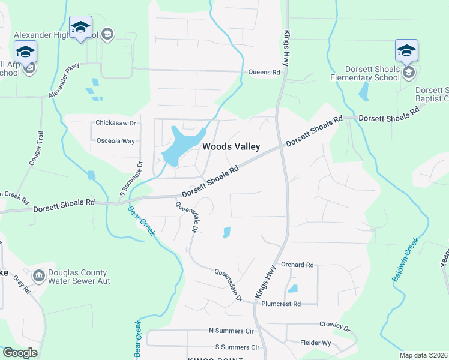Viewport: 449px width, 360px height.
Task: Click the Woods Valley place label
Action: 231,146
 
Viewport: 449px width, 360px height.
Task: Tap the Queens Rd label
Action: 264,73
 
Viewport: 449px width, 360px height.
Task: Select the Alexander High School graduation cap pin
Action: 80,28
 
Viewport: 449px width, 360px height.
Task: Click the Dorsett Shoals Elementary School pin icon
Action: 406,51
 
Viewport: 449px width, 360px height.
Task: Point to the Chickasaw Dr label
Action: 116,123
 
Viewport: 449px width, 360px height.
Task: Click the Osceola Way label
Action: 116,141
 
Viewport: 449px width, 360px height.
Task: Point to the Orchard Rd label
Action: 297,265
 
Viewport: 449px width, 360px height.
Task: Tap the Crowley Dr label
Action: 334,325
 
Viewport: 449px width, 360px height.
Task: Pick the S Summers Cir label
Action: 237,347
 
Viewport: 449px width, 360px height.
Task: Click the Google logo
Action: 20,353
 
